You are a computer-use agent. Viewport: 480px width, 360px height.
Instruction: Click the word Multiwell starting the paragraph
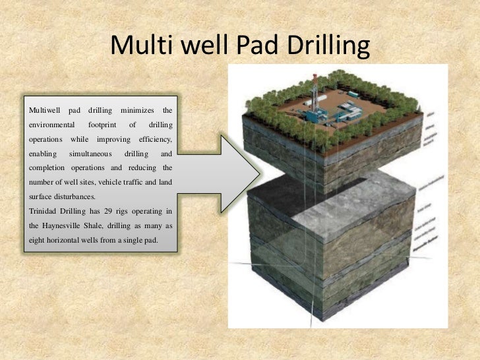(x=44, y=108)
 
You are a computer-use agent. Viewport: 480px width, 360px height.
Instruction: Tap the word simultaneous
(x=90, y=154)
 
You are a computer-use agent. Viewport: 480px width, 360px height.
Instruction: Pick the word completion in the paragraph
(x=47, y=167)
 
